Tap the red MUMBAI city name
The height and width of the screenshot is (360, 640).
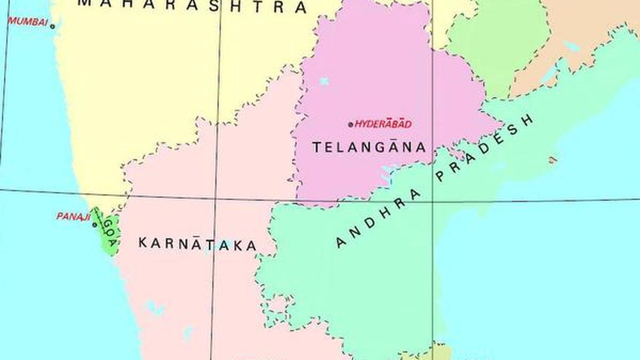click(x=28, y=22)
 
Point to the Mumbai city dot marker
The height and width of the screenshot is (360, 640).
click(x=52, y=26)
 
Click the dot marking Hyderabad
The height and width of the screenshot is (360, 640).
click(x=350, y=124)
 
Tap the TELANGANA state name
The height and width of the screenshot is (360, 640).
click(x=369, y=147)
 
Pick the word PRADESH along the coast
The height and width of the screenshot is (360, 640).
click(x=485, y=149)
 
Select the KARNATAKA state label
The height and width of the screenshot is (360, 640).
click(x=197, y=244)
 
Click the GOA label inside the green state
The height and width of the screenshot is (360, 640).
click(x=109, y=233)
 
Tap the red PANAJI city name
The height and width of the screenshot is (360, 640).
click(x=71, y=217)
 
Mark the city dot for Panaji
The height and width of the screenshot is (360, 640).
click(x=94, y=225)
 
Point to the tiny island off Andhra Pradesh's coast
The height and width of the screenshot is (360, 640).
click(x=553, y=159)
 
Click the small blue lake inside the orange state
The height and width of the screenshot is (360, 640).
click(x=571, y=46)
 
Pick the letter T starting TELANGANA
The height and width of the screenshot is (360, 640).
click(x=316, y=147)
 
